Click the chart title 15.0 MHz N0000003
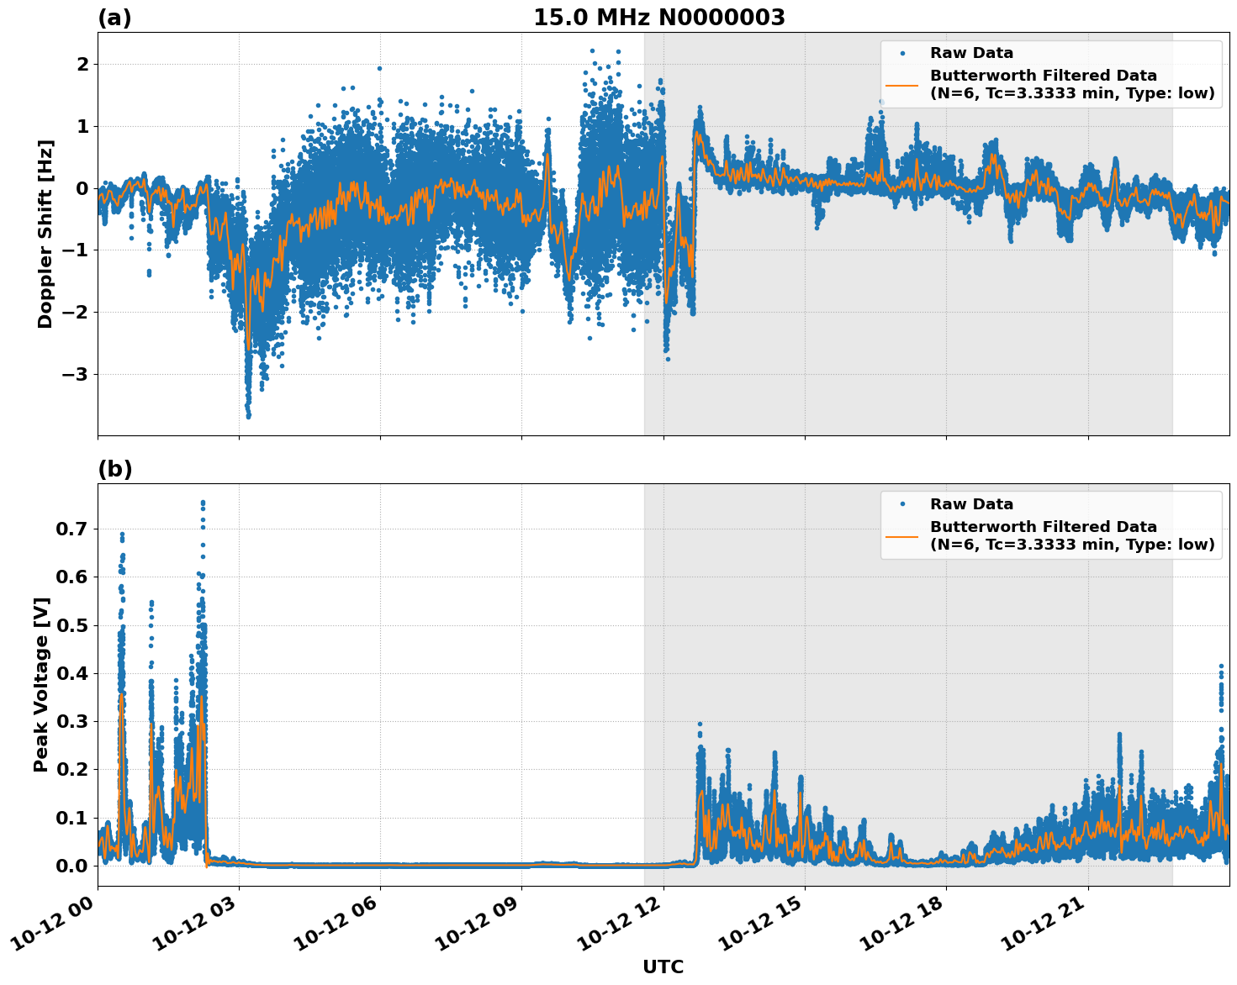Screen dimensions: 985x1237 658,18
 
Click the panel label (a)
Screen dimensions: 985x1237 114,18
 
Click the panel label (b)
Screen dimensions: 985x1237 114,469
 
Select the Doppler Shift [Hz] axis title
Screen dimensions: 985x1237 45,234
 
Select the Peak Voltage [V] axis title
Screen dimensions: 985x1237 41,684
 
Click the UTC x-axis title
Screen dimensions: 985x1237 663,967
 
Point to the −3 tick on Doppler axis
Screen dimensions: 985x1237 77,374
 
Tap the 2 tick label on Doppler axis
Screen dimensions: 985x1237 82,64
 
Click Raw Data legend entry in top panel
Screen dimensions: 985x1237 971,53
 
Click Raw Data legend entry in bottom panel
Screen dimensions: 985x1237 971,504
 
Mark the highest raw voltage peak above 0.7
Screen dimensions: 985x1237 203,503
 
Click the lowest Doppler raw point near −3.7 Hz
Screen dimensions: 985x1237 248,416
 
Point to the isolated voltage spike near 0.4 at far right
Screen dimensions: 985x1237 1221,666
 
